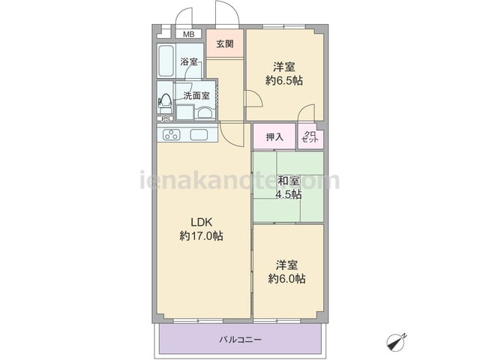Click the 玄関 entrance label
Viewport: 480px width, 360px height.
pos(225,44)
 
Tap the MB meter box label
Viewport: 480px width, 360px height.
pos(188,34)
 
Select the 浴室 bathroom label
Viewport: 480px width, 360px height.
pos(189,61)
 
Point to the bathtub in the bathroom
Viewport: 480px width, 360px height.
pos(166,61)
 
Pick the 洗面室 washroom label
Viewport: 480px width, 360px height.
pos(196,96)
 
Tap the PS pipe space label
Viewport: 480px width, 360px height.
pos(166,119)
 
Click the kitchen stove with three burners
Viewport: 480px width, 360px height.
pos(172,135)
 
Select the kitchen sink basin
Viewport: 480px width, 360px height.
pos(199,135)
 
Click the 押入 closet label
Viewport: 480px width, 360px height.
pos(274,137)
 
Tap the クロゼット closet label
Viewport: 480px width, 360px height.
pos(310,136)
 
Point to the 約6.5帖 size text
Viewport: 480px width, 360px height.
pos(284,81)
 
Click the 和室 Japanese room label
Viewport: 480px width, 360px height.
pos(288,181)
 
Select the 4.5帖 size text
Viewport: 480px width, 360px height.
pos(288,194)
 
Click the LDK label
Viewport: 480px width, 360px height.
pos(202,222)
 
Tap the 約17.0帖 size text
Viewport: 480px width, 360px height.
pos(201,236)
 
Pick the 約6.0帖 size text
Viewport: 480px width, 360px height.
pos(286,279)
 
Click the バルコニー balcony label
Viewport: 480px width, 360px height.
pos(240,340)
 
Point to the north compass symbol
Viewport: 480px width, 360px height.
pos(395,342)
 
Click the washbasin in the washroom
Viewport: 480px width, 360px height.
pos(205,113)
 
